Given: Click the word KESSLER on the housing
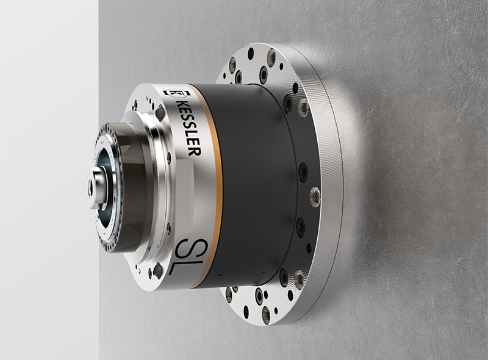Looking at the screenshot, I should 187,129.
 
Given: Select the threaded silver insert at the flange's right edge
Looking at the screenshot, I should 315,196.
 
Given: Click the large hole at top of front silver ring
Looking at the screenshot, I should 160,113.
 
